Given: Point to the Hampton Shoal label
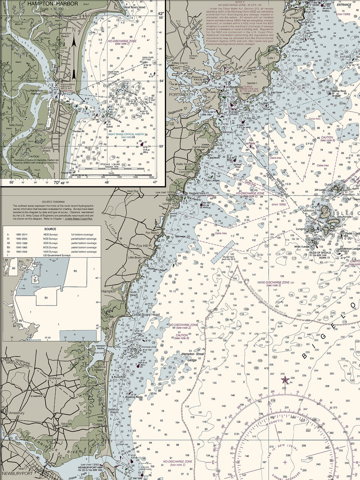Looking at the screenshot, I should click(193, 354).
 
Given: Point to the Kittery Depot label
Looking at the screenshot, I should click(180, 63).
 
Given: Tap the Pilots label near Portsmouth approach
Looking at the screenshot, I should click(252, 143).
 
